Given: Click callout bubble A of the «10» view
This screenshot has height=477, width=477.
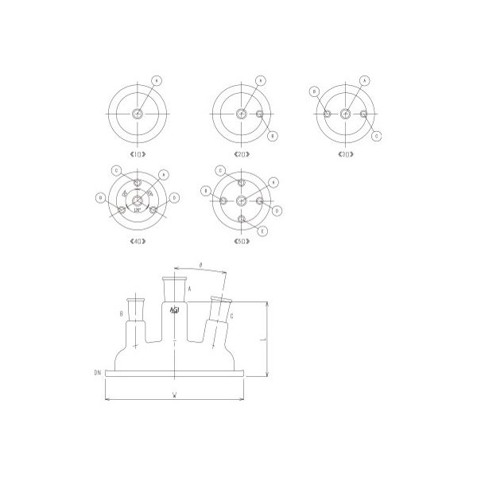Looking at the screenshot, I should click(x=157, y=81).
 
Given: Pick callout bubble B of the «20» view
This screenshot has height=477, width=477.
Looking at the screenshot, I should click(x=273, y=136).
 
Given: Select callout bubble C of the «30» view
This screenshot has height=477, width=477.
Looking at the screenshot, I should click(x=376, y=134).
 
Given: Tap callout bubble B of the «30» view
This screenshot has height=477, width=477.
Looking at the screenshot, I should click(x=316, y=91).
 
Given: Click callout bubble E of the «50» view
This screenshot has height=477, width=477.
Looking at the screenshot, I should click(x=262, y=230).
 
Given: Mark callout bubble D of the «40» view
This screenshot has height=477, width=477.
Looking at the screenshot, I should click(x=174, y=196).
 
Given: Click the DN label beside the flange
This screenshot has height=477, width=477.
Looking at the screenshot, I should click(x=97, y=371).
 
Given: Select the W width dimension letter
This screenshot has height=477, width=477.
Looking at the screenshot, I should click(x=173, y=395).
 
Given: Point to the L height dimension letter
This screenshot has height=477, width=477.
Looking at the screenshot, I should click(x=271, y=337).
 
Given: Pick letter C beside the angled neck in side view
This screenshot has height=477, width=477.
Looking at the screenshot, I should click(x=230, y=316).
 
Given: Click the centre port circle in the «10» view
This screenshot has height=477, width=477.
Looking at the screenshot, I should click(x=139, y=114).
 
